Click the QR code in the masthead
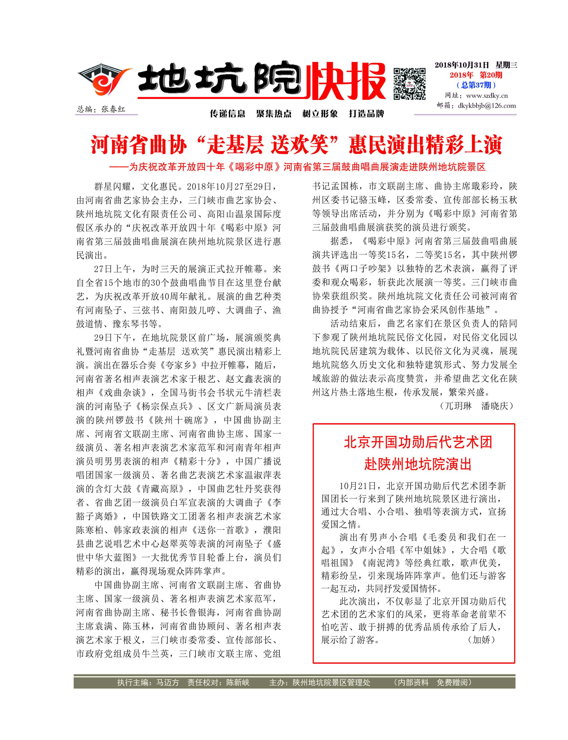point(409,84)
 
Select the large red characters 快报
point(345,81)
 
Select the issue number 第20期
point(491,75)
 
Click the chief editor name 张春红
point(113,109)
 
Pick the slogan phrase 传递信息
point(228,114)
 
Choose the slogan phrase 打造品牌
point(366,114)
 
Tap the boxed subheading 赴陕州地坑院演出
point(418,464)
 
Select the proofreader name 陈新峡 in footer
point(238,682)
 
